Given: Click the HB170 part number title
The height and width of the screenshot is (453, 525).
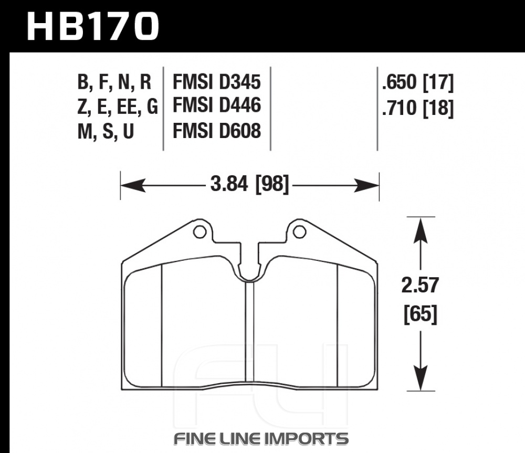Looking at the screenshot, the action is pos(92,26).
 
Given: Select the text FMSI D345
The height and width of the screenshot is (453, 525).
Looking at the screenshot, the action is pos(217,82).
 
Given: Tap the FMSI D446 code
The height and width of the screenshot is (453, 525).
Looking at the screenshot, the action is pos(217,105).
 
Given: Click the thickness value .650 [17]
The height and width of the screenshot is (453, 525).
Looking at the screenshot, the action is pos(418,83).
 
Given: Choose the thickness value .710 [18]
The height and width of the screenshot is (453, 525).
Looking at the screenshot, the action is pos(418,108).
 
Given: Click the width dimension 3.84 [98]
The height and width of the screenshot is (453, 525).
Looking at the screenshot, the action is pos(249,185).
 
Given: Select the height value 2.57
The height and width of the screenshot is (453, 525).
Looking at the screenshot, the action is pos(420,285).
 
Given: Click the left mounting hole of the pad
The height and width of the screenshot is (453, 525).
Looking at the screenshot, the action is pos(200,231).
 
